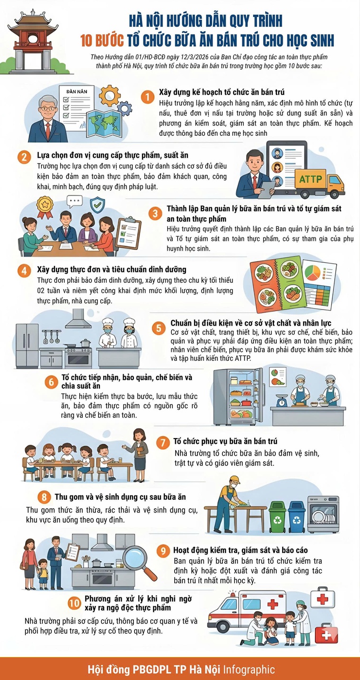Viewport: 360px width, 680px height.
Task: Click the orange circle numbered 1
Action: point(147,96)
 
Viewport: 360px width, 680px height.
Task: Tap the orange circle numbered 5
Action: point(158,328)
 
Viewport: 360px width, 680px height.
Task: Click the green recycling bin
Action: point(277,516)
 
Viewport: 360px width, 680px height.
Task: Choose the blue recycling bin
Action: point(296,516)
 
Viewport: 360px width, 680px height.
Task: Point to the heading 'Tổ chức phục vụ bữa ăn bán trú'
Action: point(225,441)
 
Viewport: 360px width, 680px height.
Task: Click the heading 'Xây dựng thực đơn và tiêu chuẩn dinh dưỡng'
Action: point(111,270)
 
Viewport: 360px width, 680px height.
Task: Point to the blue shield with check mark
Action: point(98,203)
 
